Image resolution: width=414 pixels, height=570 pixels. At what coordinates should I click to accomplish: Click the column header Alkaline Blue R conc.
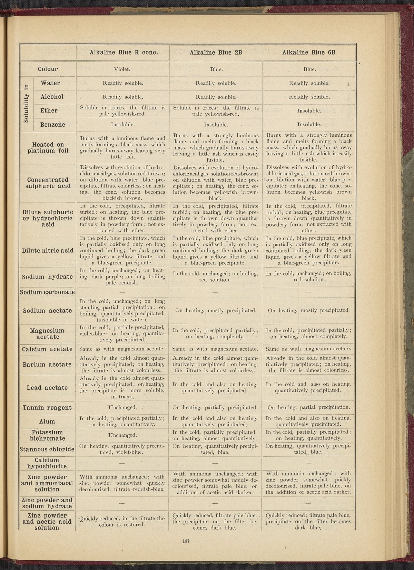point(124,52)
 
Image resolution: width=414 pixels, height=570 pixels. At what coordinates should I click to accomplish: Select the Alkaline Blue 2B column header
point(216,52)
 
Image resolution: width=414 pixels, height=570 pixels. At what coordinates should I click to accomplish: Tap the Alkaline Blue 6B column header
point(309,52)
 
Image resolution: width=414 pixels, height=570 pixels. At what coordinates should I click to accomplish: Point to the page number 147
point(187,541)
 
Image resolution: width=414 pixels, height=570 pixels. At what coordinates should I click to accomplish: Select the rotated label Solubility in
point(27,104)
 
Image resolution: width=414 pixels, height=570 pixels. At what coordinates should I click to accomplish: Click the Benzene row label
point(53,125)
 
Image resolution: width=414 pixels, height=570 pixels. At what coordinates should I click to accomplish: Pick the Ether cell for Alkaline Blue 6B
point(309,111)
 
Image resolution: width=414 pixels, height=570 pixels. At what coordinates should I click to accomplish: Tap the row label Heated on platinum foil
point(48,148)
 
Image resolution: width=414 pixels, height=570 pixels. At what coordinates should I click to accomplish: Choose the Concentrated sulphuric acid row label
point(48,183)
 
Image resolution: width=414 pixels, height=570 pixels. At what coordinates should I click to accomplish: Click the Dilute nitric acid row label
point(48,251)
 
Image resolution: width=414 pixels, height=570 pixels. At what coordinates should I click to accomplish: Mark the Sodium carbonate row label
point(48,292)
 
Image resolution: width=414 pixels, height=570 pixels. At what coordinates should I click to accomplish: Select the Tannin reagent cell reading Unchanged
point(123,407)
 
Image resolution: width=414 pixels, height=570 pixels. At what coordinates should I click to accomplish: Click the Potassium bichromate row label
point(48,435)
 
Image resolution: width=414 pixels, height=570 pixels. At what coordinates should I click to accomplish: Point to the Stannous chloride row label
point(48,449)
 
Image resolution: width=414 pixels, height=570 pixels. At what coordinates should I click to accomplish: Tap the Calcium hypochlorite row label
point(48,463)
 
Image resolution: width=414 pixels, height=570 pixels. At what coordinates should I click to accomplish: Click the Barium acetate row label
point(48,365)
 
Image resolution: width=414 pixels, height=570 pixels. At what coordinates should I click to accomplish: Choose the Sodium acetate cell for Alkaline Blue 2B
point(216,310)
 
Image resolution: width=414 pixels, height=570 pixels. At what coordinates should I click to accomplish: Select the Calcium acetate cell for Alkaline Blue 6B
point(309,349)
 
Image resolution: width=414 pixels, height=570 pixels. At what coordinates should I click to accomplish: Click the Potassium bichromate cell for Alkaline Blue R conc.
point(123,435)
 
